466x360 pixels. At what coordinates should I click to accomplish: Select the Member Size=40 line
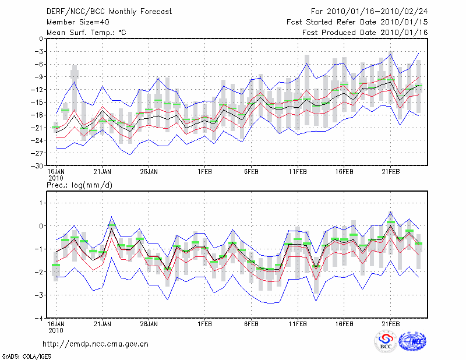pos(76,22)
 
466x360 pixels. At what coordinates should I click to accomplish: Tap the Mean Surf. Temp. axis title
pos(86,32)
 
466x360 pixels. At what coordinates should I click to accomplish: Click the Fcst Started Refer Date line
pos(357,22)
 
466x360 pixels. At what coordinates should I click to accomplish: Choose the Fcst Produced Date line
pos(365,32)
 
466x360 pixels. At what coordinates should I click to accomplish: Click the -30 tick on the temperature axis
pos(38,165)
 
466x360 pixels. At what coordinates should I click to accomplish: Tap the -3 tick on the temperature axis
pos(40,51)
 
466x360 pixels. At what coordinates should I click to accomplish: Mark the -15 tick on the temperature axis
pos(38,102)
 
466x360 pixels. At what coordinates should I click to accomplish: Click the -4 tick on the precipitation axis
pos(40,319)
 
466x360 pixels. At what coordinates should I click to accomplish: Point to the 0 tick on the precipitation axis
pos(41,226)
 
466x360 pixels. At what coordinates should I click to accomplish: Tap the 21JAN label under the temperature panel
pos(103,172)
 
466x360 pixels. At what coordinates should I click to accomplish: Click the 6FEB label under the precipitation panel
pos(251,323)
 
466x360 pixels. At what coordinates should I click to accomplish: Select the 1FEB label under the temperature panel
pos(204,172)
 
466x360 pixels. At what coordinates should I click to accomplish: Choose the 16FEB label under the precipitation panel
pos(344,323)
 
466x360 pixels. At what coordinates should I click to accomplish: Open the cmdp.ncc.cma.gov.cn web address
pos(96,344)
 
